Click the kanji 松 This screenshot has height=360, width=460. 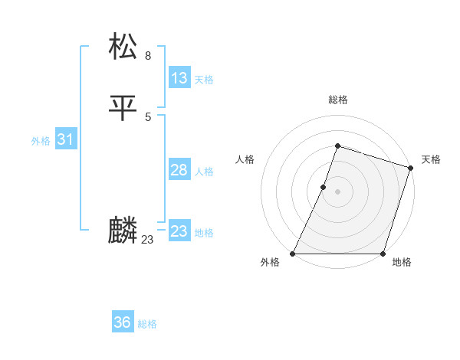tap(123, 47)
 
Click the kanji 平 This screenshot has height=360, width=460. tap(123, 107)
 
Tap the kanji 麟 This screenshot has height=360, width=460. tap(123, 231)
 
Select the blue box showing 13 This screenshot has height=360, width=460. tap(179, 78)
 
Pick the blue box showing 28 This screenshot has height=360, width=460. tap(179, 170)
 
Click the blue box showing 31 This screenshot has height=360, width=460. tap(66, 139)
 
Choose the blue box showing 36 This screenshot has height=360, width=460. tap(123, 322)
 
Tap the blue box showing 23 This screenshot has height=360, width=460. tap(179, 231)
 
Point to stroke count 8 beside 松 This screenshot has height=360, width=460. tap(148, 56)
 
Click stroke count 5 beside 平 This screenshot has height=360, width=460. tap(148, 116)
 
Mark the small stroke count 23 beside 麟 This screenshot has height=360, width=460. tap(147, 240)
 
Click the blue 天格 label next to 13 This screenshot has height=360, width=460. tap(204, 80)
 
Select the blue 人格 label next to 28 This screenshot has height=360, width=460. tap(204, 172)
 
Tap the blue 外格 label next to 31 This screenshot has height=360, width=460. tap(41, 141)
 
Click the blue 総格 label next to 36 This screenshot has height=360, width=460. tap(147, 324)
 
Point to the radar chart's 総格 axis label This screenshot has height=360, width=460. tap(337, 100)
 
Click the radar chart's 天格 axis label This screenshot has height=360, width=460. tap(431, 159)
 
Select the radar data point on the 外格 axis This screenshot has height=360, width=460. tap(293, 254)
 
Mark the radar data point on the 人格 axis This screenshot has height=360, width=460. tap(324, 187)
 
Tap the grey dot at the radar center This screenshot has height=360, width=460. tap(337, 191)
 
